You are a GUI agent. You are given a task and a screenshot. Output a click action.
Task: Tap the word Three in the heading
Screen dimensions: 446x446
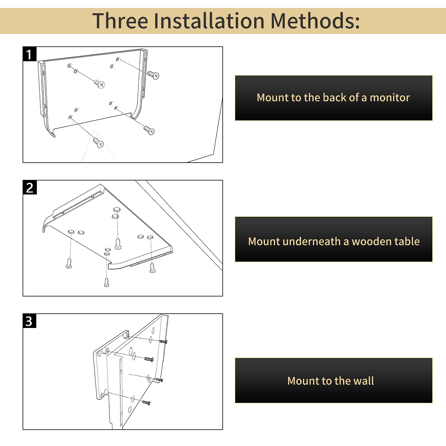(120, 21)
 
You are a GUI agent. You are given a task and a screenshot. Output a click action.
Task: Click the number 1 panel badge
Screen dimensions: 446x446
(29, 54)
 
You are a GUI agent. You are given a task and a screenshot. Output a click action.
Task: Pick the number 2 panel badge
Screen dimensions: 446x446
(29, 188)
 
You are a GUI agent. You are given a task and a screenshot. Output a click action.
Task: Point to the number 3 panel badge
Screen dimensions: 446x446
(29, 321)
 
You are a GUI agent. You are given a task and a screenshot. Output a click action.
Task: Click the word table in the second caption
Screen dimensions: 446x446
(409, 241)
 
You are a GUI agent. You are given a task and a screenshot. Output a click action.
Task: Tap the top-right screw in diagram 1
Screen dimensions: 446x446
(153, 75)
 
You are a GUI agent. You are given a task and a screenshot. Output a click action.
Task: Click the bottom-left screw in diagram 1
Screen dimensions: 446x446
(98, 142)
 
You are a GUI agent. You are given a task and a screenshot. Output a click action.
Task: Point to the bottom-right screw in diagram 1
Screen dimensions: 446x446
(149, 130)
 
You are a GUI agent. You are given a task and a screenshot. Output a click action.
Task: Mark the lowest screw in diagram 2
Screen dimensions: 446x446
(107, 282)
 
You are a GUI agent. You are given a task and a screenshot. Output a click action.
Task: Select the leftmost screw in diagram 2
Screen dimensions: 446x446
(69, 263)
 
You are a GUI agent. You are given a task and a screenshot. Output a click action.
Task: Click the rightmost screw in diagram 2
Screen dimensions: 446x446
(153, 268)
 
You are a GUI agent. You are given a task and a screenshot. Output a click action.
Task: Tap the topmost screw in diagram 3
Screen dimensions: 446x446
(164, 342)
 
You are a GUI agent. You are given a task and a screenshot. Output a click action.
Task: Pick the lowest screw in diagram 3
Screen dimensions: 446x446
(146, 403)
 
